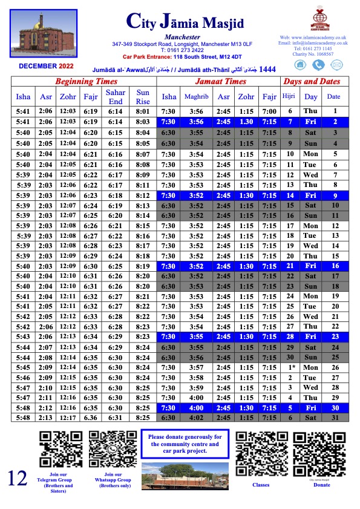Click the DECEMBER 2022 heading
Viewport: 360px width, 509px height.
click(46, 65)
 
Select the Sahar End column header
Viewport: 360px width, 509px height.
click(116, 96)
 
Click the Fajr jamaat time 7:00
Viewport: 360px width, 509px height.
click(269, 111)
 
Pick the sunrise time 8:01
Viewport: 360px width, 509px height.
click(143, 111)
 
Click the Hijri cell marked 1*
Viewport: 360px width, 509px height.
click(290, 367)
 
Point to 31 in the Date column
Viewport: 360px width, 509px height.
click(333, 418)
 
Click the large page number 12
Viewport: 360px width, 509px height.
click(18, 478)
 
